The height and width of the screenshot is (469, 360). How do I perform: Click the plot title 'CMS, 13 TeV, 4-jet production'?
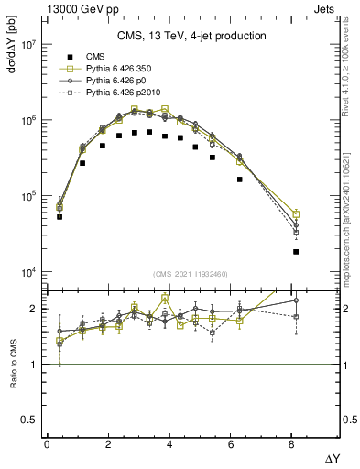191,36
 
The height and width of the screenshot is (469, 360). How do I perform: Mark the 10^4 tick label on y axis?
27,272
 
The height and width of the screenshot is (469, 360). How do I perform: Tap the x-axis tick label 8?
295,444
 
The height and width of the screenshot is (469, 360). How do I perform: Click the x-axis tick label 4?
171,444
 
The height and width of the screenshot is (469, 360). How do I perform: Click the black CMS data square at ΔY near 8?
296,252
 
